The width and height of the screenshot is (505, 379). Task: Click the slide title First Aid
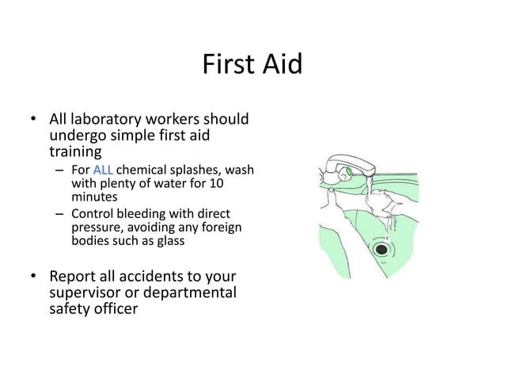[x=252, y=63]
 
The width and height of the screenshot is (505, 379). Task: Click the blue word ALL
[x=103, y=170]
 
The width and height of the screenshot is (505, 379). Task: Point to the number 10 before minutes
[x=237, y=183]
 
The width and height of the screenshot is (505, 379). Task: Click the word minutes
[x=94, y=197]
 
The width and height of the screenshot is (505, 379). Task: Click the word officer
[x=115, y=308]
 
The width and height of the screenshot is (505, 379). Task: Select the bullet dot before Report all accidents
[x=34, y=277]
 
